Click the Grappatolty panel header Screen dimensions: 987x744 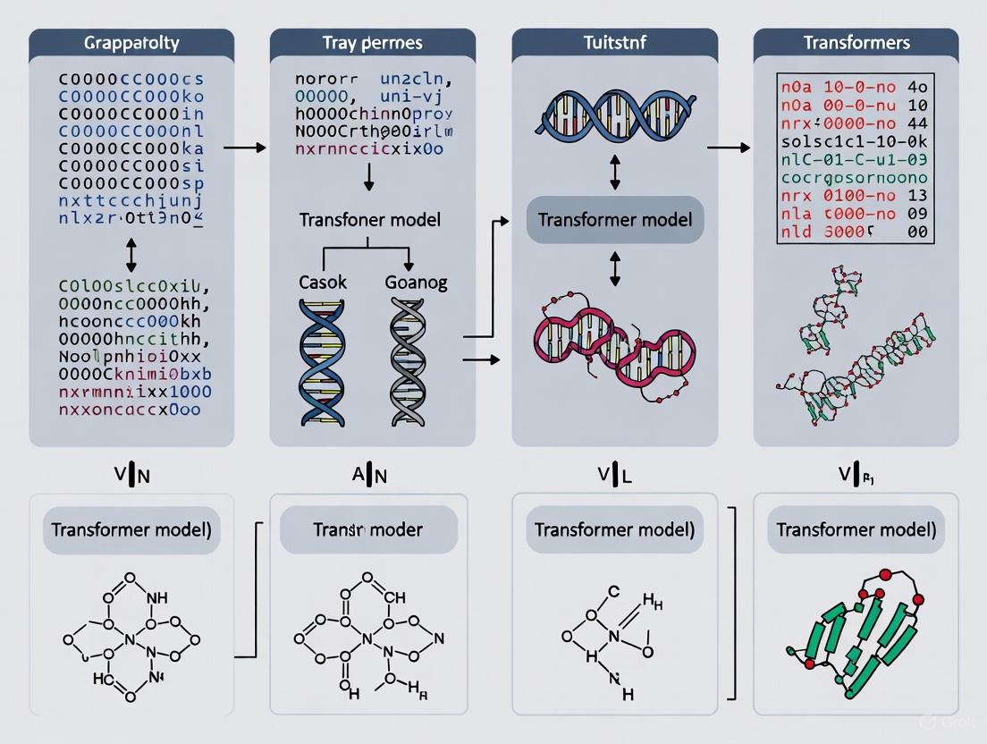point(131,43)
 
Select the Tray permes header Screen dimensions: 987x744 point(373,43)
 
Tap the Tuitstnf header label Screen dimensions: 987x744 point(614,43)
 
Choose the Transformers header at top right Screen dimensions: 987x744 point(856,43)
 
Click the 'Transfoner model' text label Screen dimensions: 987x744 point(368,220)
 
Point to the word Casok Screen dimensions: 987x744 point(322,282)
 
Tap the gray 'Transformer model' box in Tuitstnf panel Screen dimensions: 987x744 point(614,220)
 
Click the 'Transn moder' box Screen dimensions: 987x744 point(368,529)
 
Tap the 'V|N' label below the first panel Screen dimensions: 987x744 point(132,476)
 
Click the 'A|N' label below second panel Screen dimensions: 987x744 point(369,476)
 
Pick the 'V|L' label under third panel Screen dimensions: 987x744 point(614,476)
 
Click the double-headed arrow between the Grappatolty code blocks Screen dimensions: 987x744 point(132,255)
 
